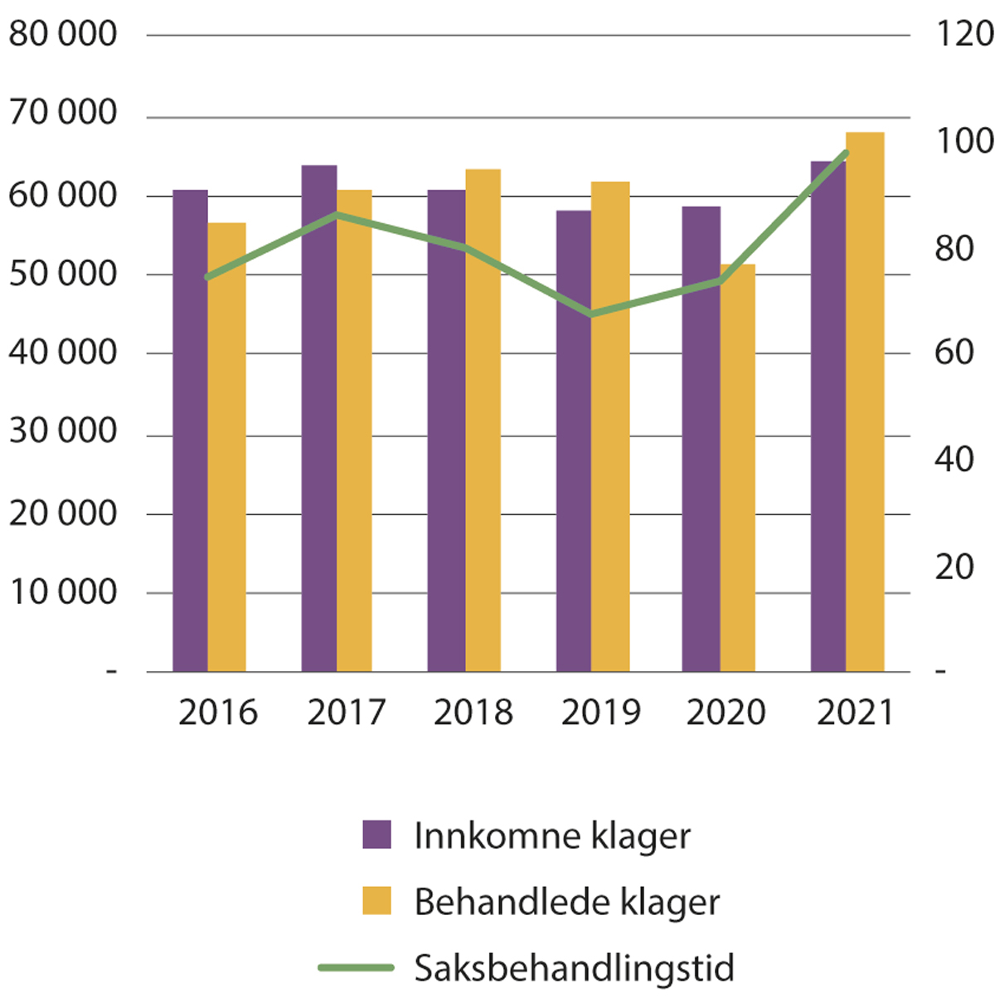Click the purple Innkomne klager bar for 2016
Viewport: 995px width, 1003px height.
pyautogui.click(x=190, y=431)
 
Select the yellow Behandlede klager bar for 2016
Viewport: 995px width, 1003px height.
pyautogui.click(x=227, y=448)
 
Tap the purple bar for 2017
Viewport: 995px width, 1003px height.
pyautogui.click(x=318, y=419)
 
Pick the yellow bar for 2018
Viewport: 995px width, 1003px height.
pyautogui.click(x=483, y=421)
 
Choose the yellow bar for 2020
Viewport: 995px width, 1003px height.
pyautogui.click(x=737, y=469)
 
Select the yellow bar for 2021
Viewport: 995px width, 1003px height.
pyautogui.click(x=865, y=402)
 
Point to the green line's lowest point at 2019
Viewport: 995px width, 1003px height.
pyautogui.click(x=591, y=314)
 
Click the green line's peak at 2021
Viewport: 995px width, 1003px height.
pyautogui.click(x=846, y=153)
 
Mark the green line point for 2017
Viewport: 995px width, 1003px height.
pyautogui.click(x=337, y=215)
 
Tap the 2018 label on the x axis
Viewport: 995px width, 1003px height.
pyautogui.click(x=473, y=713)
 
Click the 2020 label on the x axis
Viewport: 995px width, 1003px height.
pyautogui.click(x=726, y=713)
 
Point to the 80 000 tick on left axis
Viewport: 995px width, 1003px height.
pyautogui.click(x=63, y=35)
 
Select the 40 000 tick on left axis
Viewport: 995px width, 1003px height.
pyautogui.click(x=63, y=353)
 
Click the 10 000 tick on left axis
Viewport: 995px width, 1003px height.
pyautogui.click(x=63, y=592)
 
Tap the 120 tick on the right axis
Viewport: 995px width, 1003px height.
pyautogui.click(x=964, y=35)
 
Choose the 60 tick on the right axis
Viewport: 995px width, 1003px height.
pyautogui.click(x=954, y=353)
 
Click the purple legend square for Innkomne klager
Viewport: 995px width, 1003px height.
pyautogui.click(x=376, y=835)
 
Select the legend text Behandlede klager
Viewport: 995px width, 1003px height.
pyautogui.click(x=567, y=902)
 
